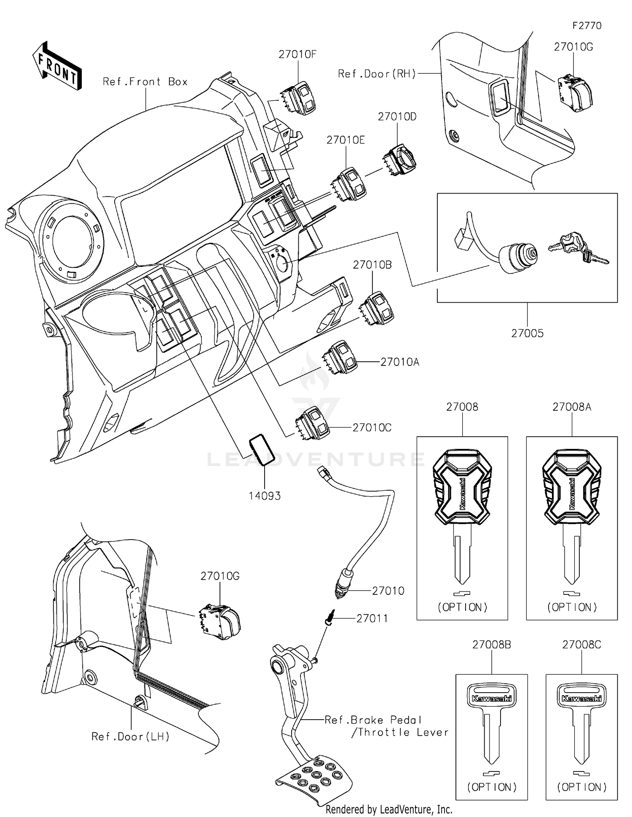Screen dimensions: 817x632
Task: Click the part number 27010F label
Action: coord(297,54)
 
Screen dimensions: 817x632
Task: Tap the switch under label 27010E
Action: coord(349,185)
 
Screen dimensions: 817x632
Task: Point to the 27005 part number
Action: coord(527,333)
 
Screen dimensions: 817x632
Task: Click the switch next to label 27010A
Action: coord(340,357)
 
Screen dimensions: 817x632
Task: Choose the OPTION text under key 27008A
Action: coord(572,607)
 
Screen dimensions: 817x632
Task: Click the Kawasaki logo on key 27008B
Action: coord(492,699)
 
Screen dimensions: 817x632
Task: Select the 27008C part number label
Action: coord(581,645)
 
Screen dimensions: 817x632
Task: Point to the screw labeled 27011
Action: coord(330,618)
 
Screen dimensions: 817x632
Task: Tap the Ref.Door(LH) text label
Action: coord(131,736)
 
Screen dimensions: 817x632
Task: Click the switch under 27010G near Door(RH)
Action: coord(575,93)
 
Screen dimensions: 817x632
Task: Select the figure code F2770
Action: coord(586,26)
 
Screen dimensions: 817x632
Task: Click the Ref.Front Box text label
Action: coord(145,82)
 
